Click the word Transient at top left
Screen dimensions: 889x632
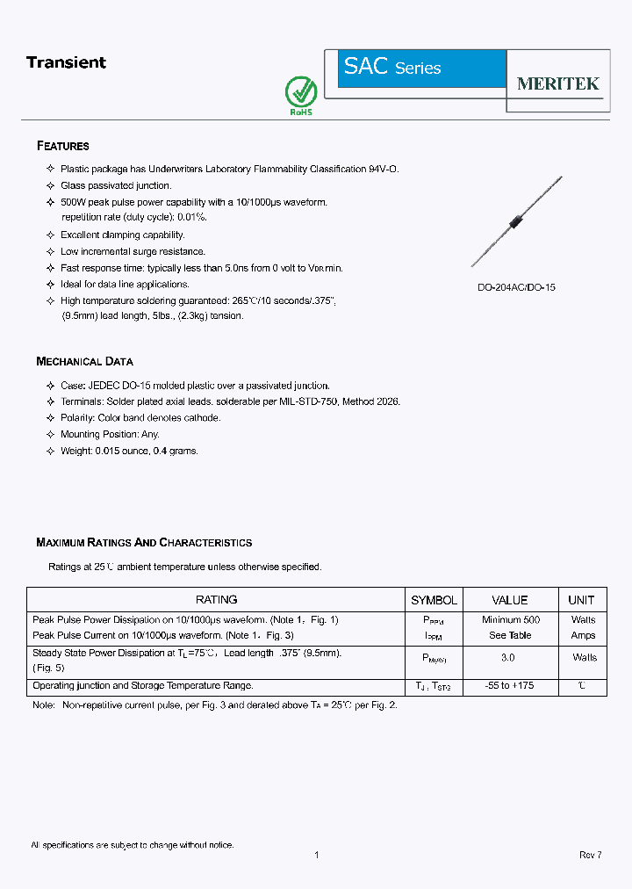pos(66,62)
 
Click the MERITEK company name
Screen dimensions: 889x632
pos(557,83)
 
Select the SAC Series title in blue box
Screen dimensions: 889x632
pos(392,68)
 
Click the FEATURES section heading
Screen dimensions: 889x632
pos(63,146)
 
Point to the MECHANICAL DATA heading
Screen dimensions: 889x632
pos(84,361)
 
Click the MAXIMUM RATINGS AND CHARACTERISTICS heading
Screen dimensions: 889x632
pos(144,543)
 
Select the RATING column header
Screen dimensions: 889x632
pos(216,600)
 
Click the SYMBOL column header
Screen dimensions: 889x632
pos(434,600)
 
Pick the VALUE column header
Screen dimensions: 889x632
pos(510,600)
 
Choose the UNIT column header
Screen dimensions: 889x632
pos(581,600)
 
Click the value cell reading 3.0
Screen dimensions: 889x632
pos(508,657)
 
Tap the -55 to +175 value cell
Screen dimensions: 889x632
pos(509,685)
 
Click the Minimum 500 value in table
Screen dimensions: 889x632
pos(510,620)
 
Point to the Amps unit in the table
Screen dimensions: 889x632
pos(583,635)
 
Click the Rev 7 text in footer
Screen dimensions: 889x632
pos(590,855)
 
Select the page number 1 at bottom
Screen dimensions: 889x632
pos(316,855)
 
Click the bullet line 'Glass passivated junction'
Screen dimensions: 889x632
pos(116,185)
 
